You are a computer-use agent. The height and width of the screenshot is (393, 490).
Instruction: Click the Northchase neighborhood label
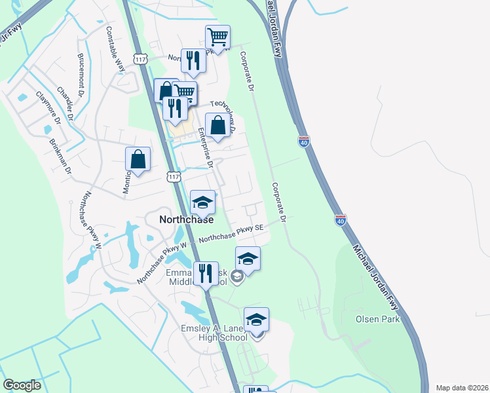(187, 220)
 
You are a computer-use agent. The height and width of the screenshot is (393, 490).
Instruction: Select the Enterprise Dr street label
(205, 147)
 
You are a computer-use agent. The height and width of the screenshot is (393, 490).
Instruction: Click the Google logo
(22, 385)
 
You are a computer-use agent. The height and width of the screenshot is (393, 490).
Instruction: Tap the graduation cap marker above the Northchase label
(202, 202)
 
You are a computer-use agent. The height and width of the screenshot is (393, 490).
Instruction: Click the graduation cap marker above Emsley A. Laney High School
(257, 320)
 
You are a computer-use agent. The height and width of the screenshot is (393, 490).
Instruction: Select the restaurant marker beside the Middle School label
(206, 274)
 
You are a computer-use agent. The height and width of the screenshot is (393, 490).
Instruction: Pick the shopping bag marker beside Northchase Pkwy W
(138, 159)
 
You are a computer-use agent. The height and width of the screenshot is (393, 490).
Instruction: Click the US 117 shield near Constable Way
(139, 60)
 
